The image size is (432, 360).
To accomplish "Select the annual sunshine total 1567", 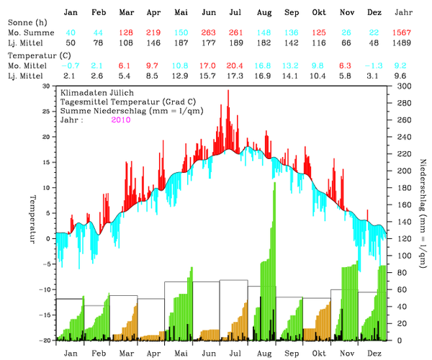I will (404, 34).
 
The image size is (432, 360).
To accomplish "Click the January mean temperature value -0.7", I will (70, 65).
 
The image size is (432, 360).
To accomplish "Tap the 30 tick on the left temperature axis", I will (47, 86).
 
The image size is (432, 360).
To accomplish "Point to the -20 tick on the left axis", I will (45, 341).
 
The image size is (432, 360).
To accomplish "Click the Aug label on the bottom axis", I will (264, 354).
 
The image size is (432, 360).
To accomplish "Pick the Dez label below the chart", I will (374, 354).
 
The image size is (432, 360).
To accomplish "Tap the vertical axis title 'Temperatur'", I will (32, 217).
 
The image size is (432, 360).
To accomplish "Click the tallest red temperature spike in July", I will (228, 91).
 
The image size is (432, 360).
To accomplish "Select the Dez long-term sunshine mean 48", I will (374, 44).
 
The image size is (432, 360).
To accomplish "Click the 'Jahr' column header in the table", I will (404, 13).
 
